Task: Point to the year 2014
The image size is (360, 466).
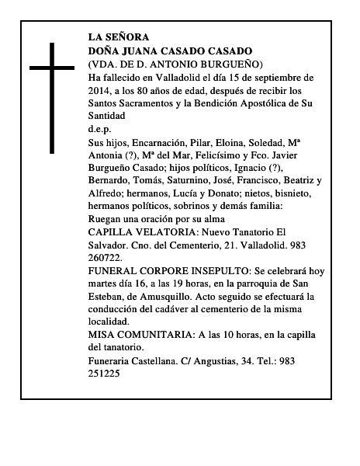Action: [102, 90]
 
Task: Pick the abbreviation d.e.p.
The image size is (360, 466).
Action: [100, 129]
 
